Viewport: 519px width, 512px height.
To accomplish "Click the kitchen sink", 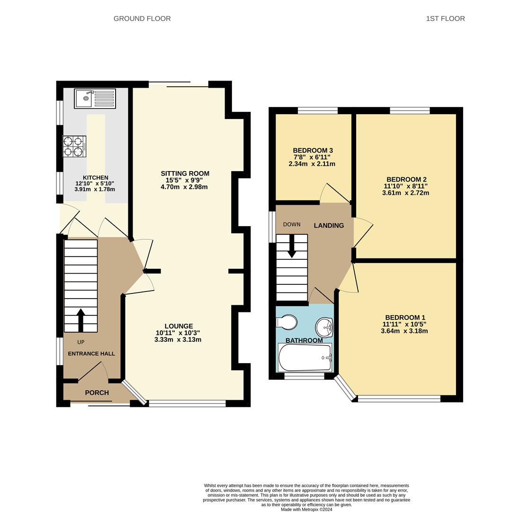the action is [x=95, y=99].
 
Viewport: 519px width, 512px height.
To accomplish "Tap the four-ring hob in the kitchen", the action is [x=74, y=146].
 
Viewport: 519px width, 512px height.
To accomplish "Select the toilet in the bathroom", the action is [x=286, y=322].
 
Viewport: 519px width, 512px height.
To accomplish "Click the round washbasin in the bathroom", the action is [x=324, y=327].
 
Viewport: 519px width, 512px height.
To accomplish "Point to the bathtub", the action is [x=305, y=357].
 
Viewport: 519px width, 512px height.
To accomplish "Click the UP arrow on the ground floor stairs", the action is [x=81, y=320].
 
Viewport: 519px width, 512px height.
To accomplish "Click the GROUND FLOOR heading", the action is [x=142, y=18].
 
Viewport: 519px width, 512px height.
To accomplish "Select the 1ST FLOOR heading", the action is [x=445, y=18].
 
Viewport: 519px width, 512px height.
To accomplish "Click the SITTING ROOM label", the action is [x=185, y=174].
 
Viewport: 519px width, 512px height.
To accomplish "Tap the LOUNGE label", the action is [x=179, y=326].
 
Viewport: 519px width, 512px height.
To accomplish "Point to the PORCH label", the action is [x=97, y=393].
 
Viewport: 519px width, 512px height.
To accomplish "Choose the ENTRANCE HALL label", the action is [x=91, y=354].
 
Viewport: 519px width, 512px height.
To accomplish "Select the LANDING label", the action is [x=329, y=225].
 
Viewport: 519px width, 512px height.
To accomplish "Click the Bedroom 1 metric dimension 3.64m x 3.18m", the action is [x=404, y=331].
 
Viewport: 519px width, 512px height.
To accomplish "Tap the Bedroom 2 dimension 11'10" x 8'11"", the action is [x=405, y=186].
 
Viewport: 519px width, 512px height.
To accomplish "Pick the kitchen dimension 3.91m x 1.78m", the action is [x=95, y=189].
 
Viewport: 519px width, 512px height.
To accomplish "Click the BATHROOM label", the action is [x=304, y=340].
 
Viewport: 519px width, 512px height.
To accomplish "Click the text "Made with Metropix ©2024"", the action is [x=306, y=509].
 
